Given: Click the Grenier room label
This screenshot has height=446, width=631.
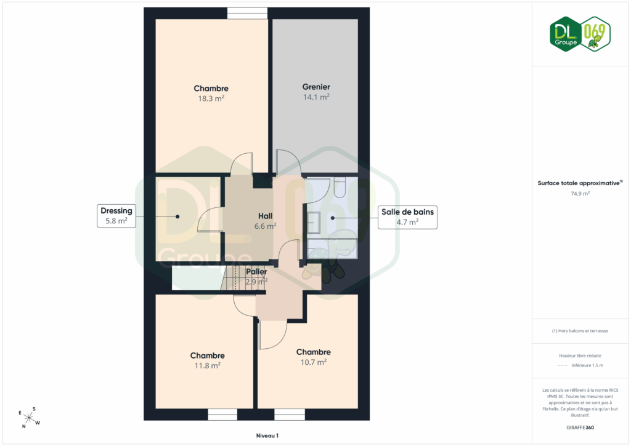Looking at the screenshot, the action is point(316,87).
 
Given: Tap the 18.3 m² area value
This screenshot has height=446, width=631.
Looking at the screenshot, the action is point(211,98).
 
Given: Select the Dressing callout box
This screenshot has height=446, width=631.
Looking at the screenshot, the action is point(116,216).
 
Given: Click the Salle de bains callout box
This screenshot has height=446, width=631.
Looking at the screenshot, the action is point(407,217).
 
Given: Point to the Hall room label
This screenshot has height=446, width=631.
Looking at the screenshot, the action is point(265,216).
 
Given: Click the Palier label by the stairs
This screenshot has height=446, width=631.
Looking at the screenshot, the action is point(256,272).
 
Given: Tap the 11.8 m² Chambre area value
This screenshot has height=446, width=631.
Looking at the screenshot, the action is point(207,365).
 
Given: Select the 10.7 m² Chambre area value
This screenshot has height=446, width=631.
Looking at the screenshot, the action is point(314,362).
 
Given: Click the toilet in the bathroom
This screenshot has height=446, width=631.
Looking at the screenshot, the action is point(340,188).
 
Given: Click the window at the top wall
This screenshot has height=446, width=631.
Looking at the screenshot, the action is point(247,14).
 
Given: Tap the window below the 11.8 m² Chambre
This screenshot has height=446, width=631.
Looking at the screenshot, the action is point(222,415).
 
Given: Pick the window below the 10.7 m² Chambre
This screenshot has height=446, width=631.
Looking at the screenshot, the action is point(290,415).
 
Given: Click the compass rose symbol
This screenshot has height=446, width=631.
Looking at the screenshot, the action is point(29,418).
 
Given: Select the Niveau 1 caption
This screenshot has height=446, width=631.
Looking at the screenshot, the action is point(267,436).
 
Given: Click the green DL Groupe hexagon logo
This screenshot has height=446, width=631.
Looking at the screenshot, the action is point(566,34).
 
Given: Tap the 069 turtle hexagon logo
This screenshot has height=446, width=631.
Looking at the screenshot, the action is point(596,34).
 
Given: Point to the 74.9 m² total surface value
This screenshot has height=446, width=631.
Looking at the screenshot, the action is point(580,194).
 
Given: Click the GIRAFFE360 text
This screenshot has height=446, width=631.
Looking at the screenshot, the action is point(580,428).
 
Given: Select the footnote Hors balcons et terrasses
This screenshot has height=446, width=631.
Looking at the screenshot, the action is point(580,331).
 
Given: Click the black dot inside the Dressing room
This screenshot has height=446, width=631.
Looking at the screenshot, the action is point(177,217).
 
